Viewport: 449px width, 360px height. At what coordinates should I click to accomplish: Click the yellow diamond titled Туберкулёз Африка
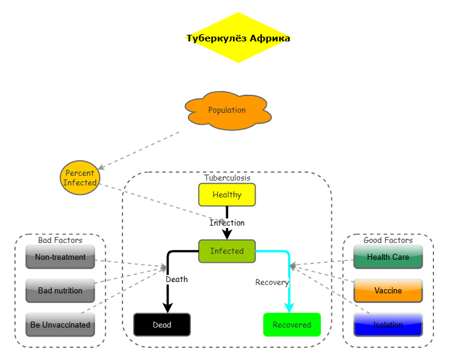(238, 38)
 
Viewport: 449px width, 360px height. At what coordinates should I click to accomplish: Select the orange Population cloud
(228, 110)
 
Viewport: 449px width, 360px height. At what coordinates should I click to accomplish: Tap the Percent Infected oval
(80, 178)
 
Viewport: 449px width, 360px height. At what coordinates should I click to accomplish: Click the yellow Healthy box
(227, 194)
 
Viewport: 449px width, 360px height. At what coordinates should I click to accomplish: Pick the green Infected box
(227, 251)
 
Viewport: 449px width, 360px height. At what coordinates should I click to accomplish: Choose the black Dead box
(161, 325)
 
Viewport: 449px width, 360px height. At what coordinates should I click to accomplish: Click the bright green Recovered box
(292, 325)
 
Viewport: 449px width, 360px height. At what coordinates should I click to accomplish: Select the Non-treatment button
(60, 257)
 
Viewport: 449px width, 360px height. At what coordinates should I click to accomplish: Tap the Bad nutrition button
(60, 290)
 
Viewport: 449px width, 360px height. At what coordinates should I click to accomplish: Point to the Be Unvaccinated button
(60, 325)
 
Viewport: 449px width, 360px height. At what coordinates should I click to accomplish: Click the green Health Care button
(388, 257)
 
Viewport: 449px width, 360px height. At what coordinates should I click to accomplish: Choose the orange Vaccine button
(388, 290)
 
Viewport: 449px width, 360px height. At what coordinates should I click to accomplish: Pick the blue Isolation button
(388, 325)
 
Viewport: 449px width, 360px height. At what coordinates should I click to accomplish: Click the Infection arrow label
(227, 223)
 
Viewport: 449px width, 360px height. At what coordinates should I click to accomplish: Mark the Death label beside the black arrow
(176, 279)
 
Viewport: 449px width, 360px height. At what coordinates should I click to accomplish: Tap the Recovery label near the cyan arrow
(272, 282)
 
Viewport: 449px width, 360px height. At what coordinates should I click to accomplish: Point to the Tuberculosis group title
(227, 178)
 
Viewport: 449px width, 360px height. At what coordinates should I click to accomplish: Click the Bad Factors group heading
(60, 240)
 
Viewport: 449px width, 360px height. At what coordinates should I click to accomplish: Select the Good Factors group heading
(388, 240)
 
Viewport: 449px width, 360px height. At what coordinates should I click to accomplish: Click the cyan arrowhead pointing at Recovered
(289, 308)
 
